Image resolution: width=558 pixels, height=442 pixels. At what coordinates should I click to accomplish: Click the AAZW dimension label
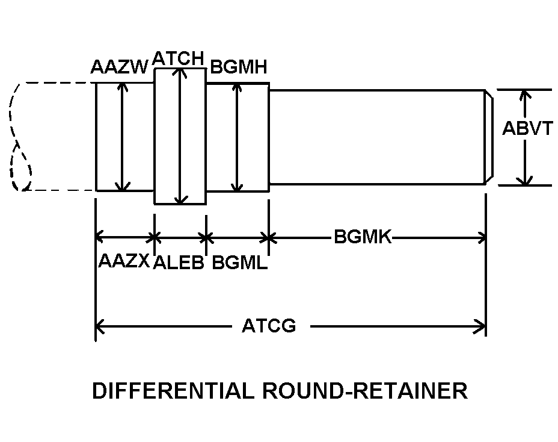(x=118, y=67)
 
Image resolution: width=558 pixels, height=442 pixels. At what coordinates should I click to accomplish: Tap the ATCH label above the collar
(x=179, y=58)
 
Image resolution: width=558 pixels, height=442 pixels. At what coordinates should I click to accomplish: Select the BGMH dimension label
(x=238, y=67)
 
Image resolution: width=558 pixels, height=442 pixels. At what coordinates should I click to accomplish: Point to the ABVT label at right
(x=527, y=128)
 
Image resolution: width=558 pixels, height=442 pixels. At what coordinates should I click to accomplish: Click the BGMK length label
(x=363, y=237)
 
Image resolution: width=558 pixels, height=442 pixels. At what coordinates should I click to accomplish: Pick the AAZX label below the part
(x=123, y=261)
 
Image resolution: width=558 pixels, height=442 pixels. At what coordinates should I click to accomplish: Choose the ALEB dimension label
(x=179, y=263)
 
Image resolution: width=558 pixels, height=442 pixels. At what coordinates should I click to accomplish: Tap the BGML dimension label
(x=239, y=263)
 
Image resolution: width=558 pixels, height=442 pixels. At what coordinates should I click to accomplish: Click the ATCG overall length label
(x=269, y=326)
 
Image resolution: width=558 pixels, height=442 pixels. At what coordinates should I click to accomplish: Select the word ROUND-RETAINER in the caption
(x=364, y=391)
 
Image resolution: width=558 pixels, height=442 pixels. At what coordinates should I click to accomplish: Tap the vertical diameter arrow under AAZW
(x=123, y=137)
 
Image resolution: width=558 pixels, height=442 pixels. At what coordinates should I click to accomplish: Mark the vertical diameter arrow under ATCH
(x=179, y=136)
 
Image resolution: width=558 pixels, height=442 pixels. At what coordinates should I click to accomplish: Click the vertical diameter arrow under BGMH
(x=238, y=137)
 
